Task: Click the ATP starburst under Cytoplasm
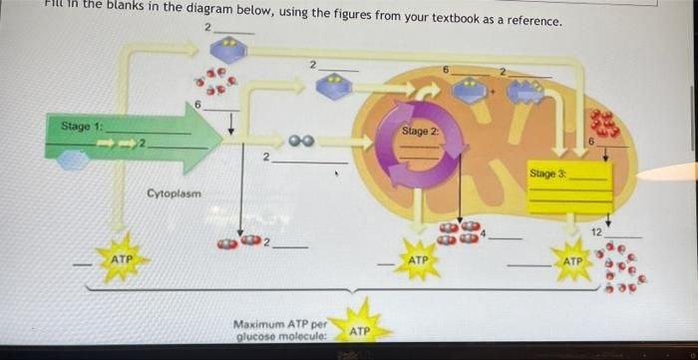click(x=123, y=259)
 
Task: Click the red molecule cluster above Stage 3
click(x=604, y=124)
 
